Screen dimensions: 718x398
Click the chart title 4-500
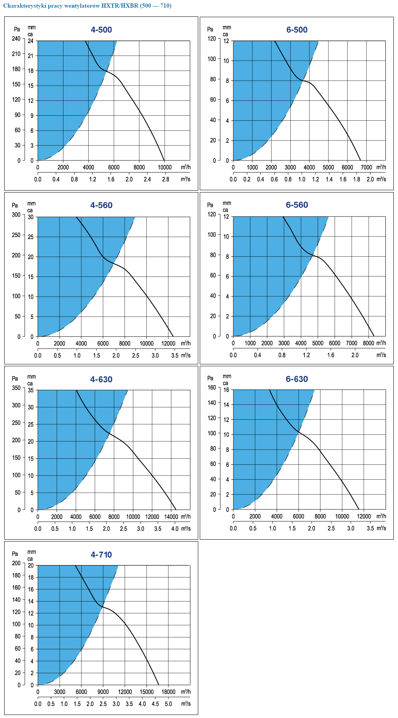(101, 30)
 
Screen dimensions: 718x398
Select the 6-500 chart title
(297, 30)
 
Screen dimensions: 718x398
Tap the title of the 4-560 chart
(101, 205)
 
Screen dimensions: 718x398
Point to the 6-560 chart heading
(297, 205)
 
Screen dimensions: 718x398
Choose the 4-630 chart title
(101, 379)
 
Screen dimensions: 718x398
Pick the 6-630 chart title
(297, 379)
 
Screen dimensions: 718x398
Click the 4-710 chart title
(101, 555)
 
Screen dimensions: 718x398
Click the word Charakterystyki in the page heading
(24, 6)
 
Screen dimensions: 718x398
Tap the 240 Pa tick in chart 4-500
(16, 39)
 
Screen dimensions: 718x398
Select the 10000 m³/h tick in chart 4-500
(165, 167)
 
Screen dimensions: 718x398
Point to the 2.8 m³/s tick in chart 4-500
(165, 179)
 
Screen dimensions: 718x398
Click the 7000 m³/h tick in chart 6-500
(366, 167)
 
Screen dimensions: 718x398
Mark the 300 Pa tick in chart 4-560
(16, 215)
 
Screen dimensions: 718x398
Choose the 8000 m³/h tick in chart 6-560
(368, 343)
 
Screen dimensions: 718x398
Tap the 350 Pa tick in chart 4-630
(16, 388)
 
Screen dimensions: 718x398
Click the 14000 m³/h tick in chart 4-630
(171, 517)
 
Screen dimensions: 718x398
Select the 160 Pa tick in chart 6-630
(212, 388)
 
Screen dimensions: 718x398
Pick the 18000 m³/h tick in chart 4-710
(168, 692)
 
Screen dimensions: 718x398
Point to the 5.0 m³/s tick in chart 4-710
(168, 703)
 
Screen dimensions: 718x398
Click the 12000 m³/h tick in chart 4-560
(168, 343)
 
